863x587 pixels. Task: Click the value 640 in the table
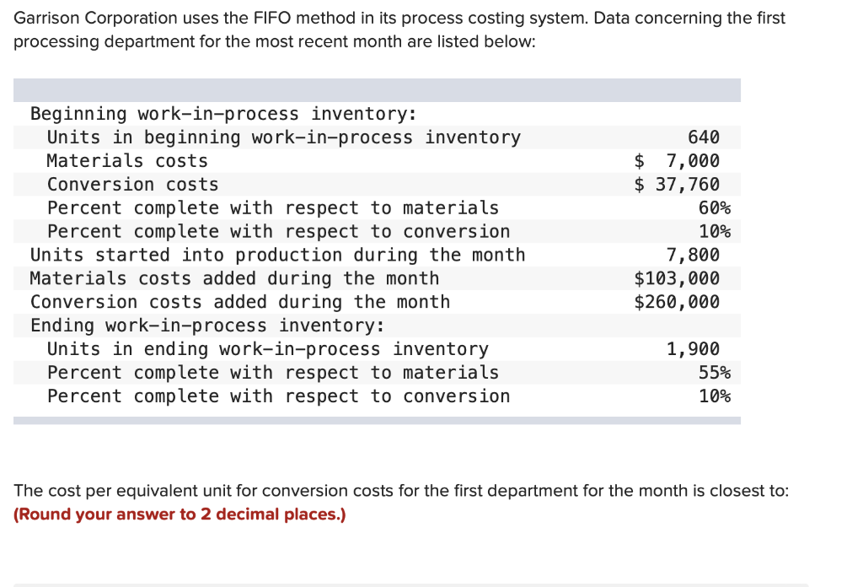tap(704, 137)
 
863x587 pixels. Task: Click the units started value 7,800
tap(693, 255)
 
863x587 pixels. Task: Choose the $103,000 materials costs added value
tap(677, 278)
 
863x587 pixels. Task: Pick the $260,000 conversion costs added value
tap(677, 302)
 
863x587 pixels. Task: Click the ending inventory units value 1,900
tap(693, 349)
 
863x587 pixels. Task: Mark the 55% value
tap(715, 373)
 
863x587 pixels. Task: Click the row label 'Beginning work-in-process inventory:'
tap(223, 114)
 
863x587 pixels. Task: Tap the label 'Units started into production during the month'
tap(277, 255)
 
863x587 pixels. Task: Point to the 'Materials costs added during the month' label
tap(234, 278)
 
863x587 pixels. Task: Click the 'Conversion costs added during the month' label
tap(240, 302)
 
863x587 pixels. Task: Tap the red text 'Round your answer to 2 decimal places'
tap(180, 514)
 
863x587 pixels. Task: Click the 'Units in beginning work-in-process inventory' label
tap(284, 137)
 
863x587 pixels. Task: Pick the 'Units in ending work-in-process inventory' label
tap(268, 349)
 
